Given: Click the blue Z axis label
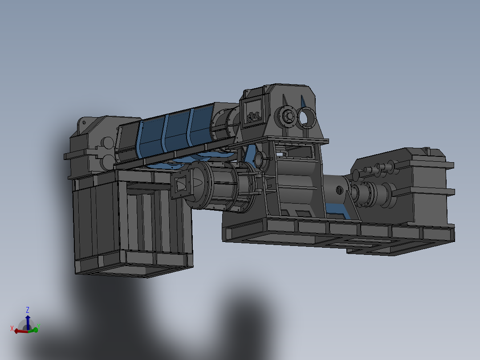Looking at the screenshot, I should coord(28,309).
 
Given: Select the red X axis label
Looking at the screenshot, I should coord(12,328).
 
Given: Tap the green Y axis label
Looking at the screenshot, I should coord(39,327).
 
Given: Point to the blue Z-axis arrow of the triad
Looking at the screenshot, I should coord(28,320).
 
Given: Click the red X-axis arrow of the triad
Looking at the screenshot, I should coord(20,331).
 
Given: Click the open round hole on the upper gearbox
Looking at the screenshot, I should coord(307,117).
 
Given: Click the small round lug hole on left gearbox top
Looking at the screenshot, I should coord(83,122).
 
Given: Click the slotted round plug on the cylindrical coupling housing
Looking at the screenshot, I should coord(339,190).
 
